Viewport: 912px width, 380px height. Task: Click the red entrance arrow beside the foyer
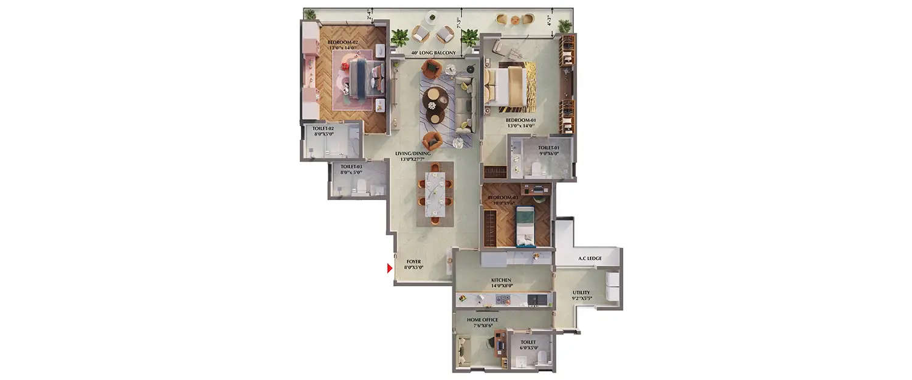390,268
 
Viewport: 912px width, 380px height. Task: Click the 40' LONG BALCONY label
433,53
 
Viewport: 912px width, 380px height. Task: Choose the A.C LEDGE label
586,258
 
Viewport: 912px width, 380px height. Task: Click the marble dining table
435,194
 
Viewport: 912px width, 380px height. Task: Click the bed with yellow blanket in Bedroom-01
506,88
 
